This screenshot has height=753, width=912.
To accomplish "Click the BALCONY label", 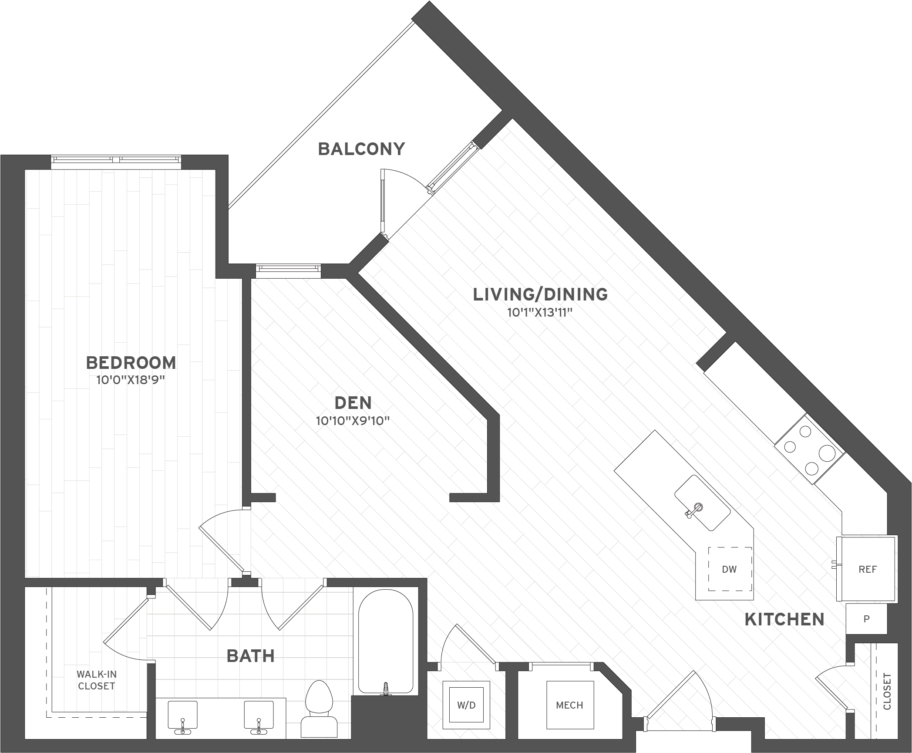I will tap(361, 149).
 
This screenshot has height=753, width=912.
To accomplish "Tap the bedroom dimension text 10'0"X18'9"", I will tap(131, 380).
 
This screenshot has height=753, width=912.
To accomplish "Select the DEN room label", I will tap(353, 403).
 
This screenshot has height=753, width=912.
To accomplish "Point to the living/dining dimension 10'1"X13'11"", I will tap(539, 313).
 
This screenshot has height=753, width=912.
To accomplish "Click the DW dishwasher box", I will tap(729, 569).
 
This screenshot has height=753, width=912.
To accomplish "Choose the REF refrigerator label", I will tap(867, 569).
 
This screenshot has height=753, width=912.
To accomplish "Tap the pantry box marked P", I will tap(866, 619).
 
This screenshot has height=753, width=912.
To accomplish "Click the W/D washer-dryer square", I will tap(466, 705).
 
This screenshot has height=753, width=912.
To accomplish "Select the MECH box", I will tap(569, 705).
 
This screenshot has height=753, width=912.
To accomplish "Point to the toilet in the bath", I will tap(319, 710).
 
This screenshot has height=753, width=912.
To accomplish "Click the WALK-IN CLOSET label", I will tap(96, 680).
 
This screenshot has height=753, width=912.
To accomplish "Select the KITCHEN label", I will tap(784, 619).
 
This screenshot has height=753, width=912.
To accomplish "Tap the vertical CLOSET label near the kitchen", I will tap(887, 691).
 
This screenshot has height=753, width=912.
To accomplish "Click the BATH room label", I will tap(251, 656).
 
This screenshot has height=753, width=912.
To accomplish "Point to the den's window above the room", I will tap(288, 270).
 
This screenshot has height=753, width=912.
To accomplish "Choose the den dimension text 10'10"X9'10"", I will tap(353, 421).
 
